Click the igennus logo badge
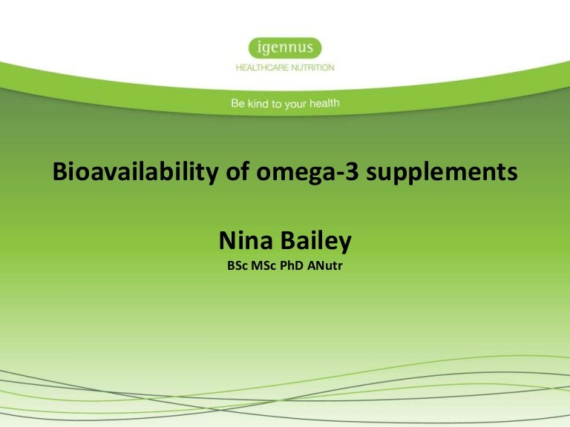pos(285,49)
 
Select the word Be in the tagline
pos(238,105)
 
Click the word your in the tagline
pos(295,105)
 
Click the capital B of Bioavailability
pos(60,173)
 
